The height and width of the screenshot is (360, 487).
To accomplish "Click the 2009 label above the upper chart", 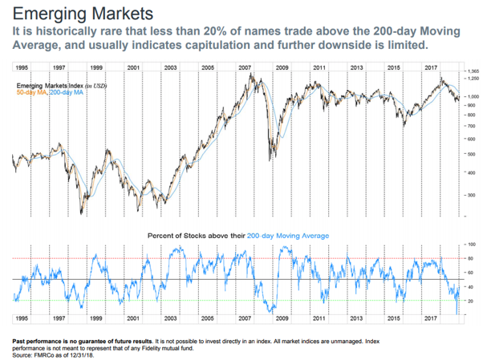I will [282, 68].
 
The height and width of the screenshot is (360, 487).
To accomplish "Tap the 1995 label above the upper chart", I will [22, 68].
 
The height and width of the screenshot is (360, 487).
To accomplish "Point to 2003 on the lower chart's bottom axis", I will [170, 318].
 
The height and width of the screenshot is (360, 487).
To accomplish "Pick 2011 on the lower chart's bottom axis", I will [319, 318].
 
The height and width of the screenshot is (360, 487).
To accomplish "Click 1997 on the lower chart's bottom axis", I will [59, 318].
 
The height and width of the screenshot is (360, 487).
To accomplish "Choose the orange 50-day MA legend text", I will [30, 92].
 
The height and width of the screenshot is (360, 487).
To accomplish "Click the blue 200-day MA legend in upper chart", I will [67, 92].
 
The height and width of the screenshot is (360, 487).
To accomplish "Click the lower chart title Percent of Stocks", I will [238, 235].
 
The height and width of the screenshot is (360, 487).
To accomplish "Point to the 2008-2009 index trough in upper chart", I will [274, 152].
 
